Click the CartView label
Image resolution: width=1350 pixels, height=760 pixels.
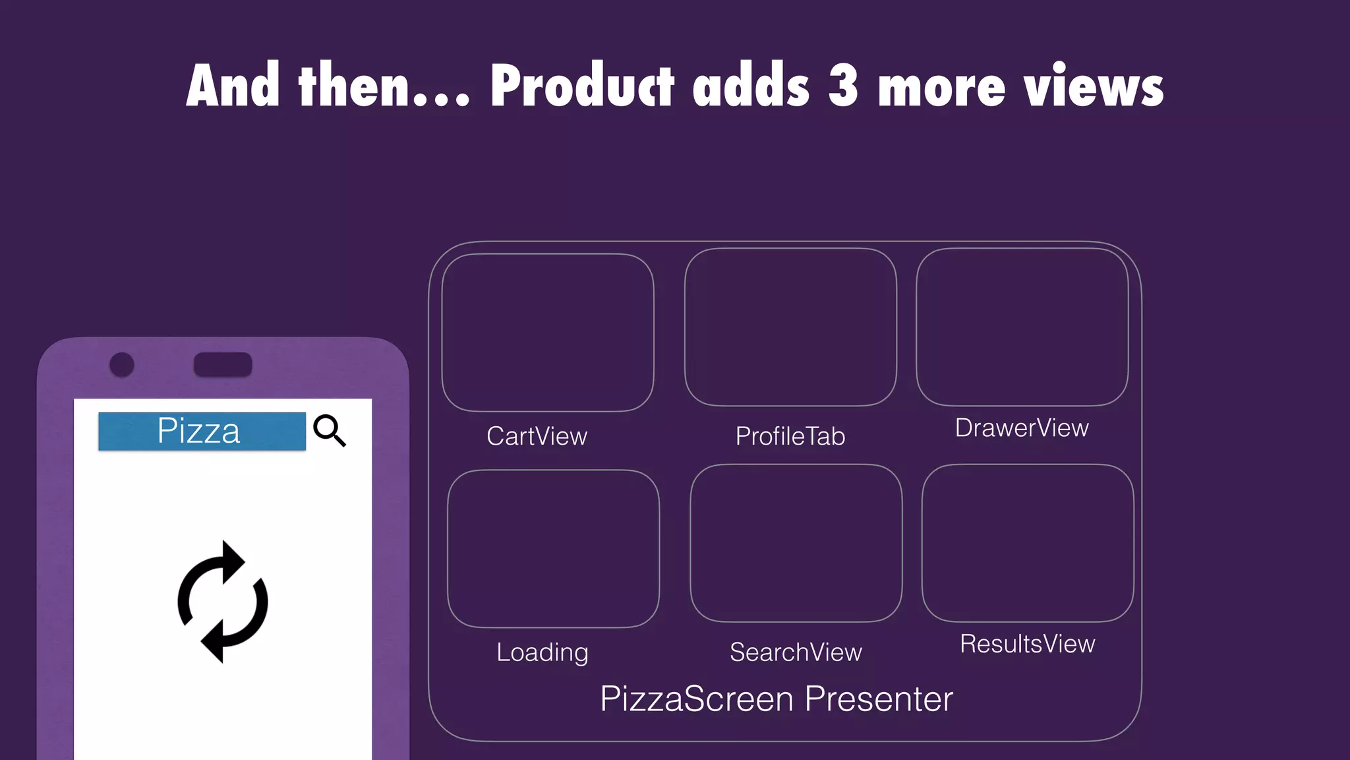point(537,436)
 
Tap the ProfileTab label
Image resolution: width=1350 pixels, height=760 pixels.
point(790,436)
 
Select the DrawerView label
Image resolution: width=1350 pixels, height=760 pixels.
point(1021,428)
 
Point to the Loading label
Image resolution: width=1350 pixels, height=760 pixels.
point(542,652)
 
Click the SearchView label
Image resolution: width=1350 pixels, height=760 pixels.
point(796,652)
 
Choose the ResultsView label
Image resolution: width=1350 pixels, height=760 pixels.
point(1027,644)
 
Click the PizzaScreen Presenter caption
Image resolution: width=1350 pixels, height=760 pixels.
point(776,699)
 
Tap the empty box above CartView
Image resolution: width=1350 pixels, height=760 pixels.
point(547,332)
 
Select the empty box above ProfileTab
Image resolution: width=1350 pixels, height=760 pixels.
point(790,327)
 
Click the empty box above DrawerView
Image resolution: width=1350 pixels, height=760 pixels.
point(1022,327)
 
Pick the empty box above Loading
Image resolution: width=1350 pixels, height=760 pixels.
point(553,548)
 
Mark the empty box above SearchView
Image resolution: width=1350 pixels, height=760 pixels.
point(796,543)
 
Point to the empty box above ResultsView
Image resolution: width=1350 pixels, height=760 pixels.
point(1027,543)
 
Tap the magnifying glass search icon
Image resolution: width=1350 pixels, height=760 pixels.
point(329,430)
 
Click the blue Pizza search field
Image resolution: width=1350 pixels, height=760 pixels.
point(202,431)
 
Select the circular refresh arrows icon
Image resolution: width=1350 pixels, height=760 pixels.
point(223,602)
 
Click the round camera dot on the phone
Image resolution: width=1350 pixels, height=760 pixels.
point(122,364)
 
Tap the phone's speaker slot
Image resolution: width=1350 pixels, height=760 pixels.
point(223,364)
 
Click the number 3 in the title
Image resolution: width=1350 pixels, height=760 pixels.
point(843,86)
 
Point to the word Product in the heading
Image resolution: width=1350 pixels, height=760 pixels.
point(582,86)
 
